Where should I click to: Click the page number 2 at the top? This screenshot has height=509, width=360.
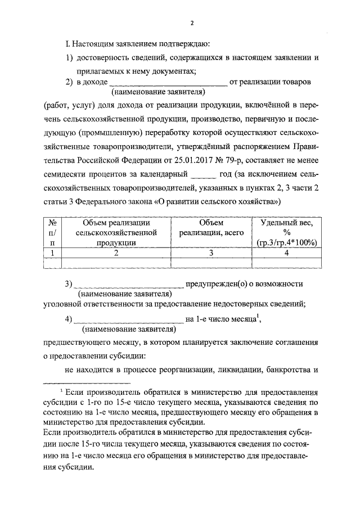tap(191, 23)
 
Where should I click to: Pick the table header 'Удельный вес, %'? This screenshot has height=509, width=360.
tap(286, 227)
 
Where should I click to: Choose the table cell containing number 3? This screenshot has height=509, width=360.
tap(211, 253)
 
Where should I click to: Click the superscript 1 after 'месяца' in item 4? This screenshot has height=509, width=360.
tap(257, 316)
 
